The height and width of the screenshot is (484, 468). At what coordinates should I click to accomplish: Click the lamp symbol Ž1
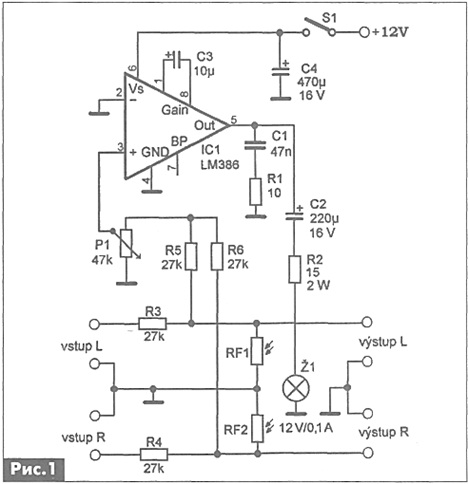tap(296, 388)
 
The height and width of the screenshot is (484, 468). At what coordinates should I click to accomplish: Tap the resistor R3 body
tap(152, 323)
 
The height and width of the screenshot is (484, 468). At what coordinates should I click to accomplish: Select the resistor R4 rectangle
tap(153, 454)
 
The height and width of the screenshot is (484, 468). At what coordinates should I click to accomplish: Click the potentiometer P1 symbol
tap(126, 243)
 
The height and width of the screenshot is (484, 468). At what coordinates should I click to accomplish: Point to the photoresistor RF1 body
tap(257, 351)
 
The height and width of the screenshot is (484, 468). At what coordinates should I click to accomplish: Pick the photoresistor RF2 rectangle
tap(257, 428)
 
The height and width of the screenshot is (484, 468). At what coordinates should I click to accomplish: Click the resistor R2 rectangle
tap(295, 269)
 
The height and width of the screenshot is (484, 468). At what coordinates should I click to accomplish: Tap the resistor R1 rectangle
tap(255, 192)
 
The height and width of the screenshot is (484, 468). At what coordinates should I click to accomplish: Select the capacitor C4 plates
tap(280, 72)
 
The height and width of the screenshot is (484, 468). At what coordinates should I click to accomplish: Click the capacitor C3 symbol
tap(177, 59)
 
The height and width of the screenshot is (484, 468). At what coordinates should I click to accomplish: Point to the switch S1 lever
tap(318, 25)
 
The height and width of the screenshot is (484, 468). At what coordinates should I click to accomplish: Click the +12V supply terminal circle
tap(364, 32)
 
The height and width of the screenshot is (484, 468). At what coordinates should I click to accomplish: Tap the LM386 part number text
tap(220, 164)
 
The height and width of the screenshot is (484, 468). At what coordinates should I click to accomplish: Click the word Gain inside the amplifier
tap(175, 110)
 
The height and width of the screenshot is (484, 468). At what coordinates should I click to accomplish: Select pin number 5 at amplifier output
tap(234, 119)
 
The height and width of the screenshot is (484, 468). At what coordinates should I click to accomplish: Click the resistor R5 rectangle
tap(191, 256)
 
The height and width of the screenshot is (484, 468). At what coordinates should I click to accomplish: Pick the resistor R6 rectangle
tap(217, 256)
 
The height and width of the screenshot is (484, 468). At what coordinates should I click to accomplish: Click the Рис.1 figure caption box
tap(33, 469)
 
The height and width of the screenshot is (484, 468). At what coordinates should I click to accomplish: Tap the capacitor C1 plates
tap(255, 145)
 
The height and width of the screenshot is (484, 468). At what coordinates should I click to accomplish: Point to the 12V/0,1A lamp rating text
tap(306, 428)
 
